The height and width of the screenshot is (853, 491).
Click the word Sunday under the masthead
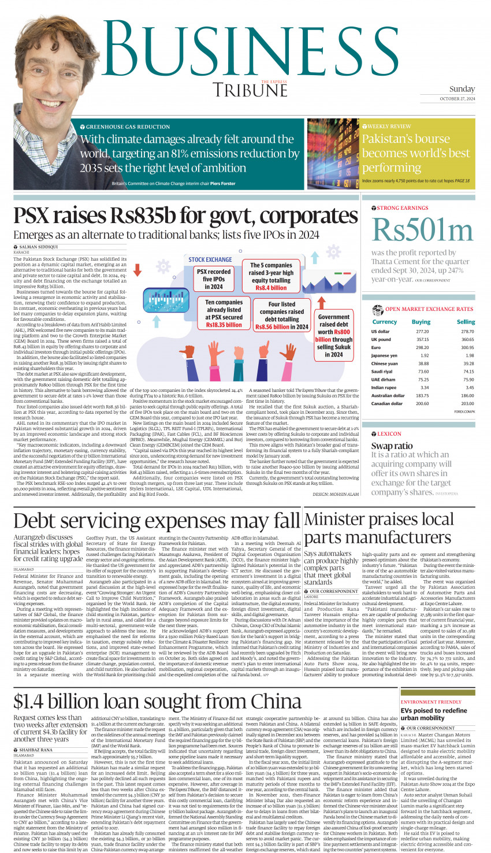[462, 89]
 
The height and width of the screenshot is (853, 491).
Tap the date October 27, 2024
[457, 99]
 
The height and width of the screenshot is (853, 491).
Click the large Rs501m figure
[423, 230]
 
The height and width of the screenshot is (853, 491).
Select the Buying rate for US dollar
[422, 332]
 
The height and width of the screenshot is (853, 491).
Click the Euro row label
[376, 348]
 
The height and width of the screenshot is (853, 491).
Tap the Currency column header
[384, 322]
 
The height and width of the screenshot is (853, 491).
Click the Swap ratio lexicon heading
[392, 446]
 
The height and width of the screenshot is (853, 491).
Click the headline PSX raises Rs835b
[185, 216]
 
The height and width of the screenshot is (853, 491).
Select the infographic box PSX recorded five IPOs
[213, 279]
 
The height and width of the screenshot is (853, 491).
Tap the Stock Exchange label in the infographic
[210, 260]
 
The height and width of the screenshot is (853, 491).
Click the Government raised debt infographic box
[334, 335]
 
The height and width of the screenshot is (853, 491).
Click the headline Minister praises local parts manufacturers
[378, 528]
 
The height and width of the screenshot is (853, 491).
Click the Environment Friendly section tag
[431, 702]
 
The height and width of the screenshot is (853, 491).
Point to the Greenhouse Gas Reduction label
[128, 126]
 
